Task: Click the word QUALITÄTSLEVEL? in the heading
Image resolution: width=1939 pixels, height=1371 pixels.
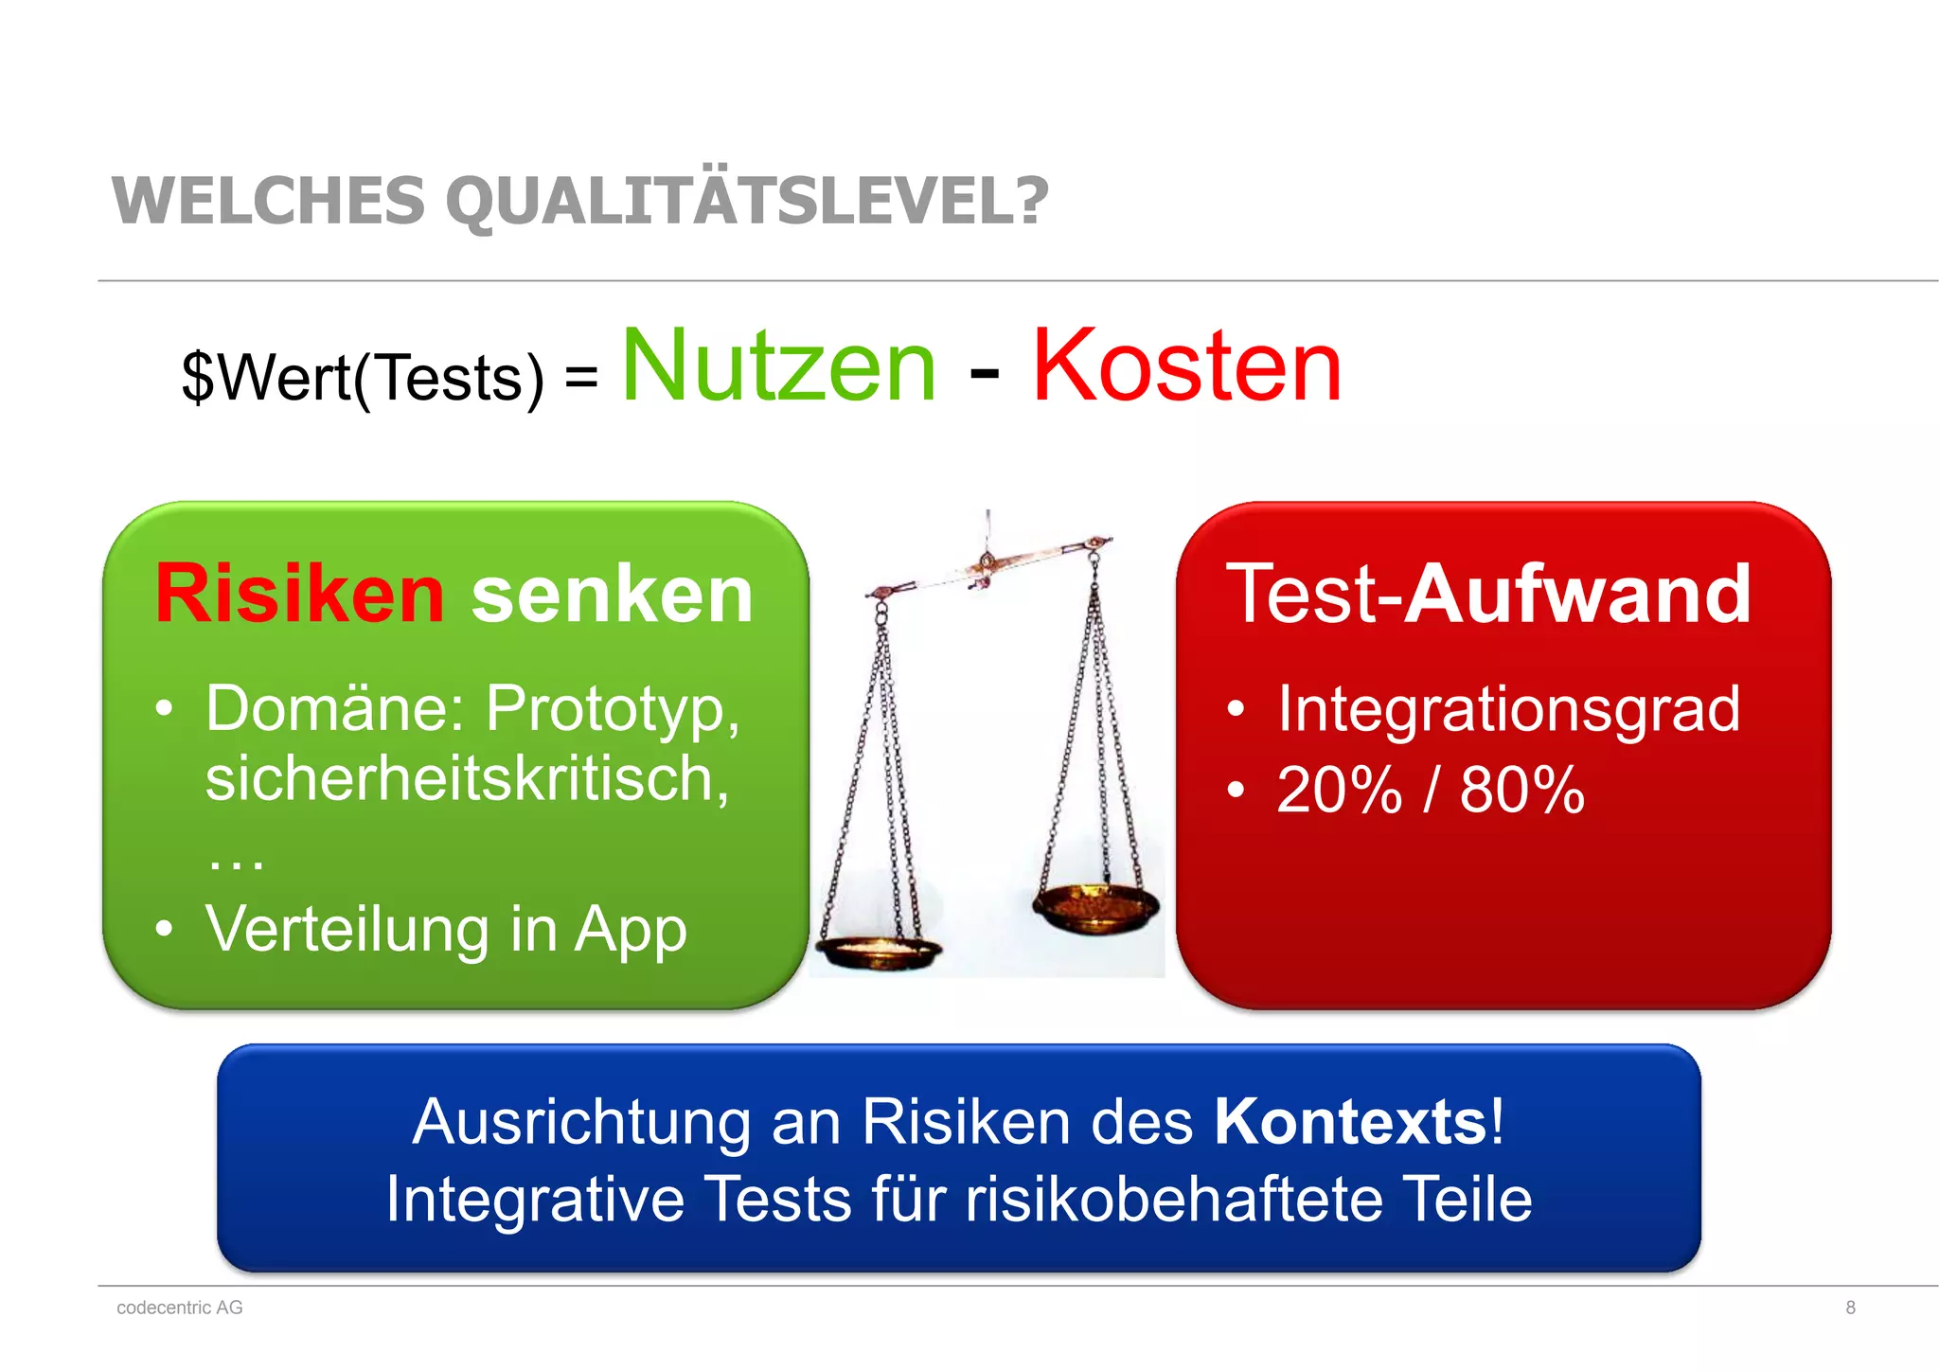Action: pyautogui.click(x=747, y=201)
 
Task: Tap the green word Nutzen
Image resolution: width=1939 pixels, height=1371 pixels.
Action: pyautogui.click(x=778, y=366)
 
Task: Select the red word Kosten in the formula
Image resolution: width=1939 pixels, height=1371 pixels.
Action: pyautogui.click(x=1186, y=366)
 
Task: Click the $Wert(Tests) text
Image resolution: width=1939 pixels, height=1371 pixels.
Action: pyautogui.click(x=363, y=378)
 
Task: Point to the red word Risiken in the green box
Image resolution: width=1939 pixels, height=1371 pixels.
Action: pyautogui.click(x=299, y=595)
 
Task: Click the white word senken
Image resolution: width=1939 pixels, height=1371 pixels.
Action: pyautogui.click(x=612, y=595)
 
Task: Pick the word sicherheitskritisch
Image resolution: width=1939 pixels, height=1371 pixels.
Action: pyautogui.click(x=466, y=778)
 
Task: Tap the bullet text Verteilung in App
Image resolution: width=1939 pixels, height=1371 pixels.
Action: pyautogui.click(x=446, y=929)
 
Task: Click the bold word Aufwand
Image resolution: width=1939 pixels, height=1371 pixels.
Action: pyautogui.click(x=1577, y=595)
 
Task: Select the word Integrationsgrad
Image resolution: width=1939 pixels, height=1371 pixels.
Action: pyautogui.click(x=1508, y=708)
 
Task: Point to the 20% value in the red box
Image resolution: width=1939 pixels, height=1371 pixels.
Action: pyautogui.click(x=1339, y=790)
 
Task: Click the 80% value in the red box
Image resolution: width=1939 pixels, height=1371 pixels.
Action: pyautogui.click(x=1521, y=790)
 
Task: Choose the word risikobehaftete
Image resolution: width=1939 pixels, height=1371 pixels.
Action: pyautogui.click(x=1173, y=1200)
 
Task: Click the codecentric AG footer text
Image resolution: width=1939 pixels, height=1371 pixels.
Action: pyautogui.click(x=180, y=1308)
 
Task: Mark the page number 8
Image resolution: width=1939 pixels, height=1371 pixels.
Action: pyautogui.click(x=1850, y=1308)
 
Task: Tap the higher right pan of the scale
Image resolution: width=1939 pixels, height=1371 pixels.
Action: pyautogui.click(x=1096, y=906)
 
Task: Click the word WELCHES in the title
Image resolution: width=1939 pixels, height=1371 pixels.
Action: pyautogui.click(x=269, y=201)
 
